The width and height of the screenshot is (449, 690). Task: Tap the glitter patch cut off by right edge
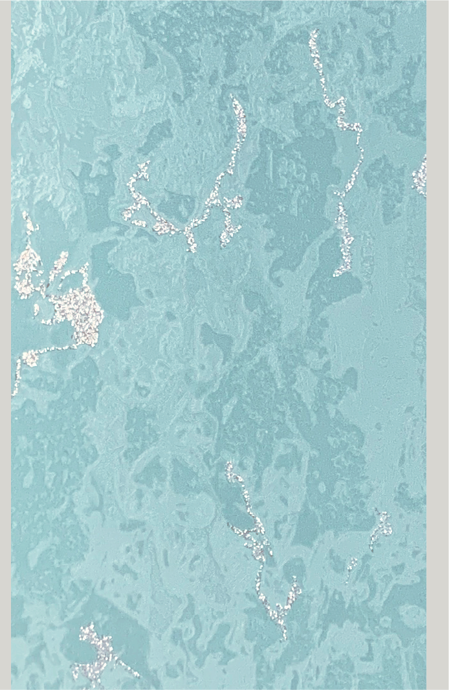(420, 176)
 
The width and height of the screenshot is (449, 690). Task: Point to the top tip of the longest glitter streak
(313, 32)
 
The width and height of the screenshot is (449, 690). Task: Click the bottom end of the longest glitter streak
(336, 274)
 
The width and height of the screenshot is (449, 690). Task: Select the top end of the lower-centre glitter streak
(228, 465)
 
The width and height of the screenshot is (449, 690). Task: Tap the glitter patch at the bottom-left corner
(97, 653)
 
